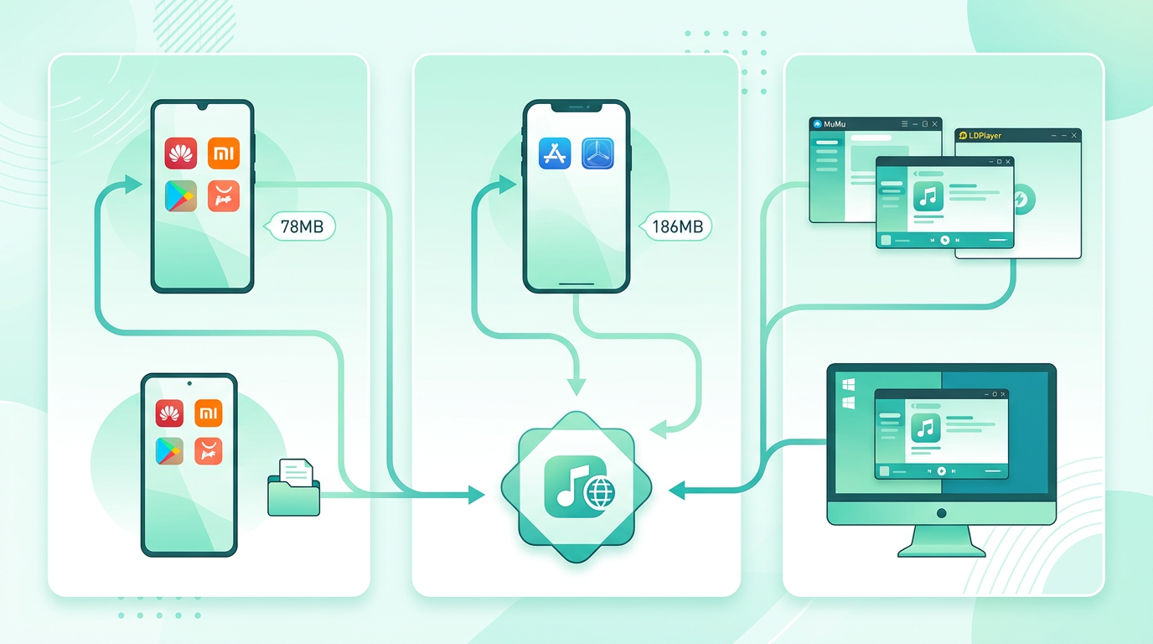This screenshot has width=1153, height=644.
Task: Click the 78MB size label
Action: pyautogui.click(x=302, y=226)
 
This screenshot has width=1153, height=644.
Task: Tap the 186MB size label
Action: pyautogui.click(x=677, y=226)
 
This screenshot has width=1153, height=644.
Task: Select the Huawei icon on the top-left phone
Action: pyautogui.click(x=181, y=153)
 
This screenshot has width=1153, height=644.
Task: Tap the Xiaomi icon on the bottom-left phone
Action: pyautogui.click(x=209, y=413)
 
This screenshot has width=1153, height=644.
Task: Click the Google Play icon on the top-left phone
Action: pyautogui.click(x=181, y=195)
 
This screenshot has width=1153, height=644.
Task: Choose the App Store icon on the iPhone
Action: pyautogui.click(x=555, y=153)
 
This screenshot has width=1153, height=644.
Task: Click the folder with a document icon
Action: pyautogui.click(x=294, y=487)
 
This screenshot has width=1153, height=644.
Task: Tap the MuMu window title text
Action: pyautogui.click(x=835, y=124)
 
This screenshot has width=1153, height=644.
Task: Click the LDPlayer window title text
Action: pyautogui.click(x=985, y=136)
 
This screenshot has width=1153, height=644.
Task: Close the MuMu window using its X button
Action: pyautogui.click(x=935, y=124)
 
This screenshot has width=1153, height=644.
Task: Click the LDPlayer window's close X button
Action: pyautogui.click(x=1073, y=136)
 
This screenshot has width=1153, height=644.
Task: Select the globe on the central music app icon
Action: pyautogui.click(x=600, y=492)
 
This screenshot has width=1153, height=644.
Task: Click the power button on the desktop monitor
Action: pyautogui.click(x=942, y=513)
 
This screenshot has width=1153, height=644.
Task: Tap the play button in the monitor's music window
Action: pyautogui.click(x=942, y=471)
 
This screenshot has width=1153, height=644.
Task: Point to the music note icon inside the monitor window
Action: pyautogui.click(x=925, y=428)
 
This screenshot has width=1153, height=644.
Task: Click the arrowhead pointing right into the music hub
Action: pyautogui.click(x=476, y=495)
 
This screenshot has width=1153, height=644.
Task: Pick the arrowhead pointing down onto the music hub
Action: pyautogui.click(x=576, y=387)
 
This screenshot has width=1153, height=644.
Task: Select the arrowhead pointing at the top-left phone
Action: pyautogui.click(x=133, y=184)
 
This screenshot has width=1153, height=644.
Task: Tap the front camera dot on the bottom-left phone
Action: pyautogui.click(x=189, y=383)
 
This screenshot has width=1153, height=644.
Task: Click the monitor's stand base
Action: pyautogui.click(x=942, y=553)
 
